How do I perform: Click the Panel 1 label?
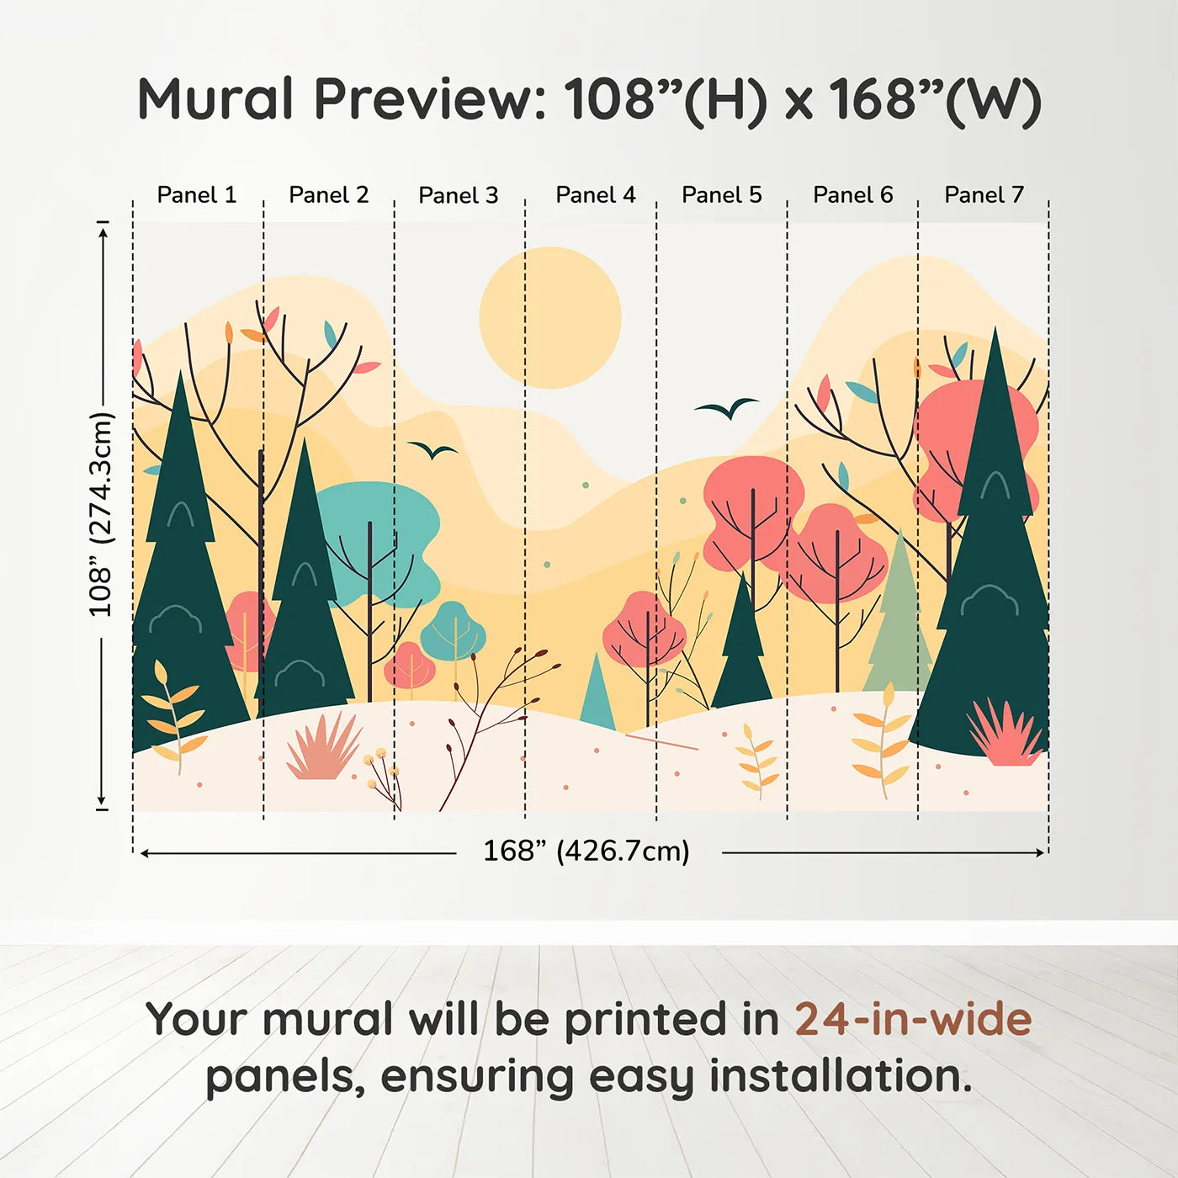point(196,194)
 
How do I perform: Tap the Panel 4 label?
point(596,194)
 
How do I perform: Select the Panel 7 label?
point(984,194)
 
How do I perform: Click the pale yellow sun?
point(550,318)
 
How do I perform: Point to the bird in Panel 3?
point(432,450)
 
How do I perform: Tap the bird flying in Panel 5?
point(727,408)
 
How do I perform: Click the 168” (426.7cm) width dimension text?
point(586,851)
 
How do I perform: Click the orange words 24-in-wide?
point(913,1019)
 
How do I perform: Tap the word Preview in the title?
point(429,99)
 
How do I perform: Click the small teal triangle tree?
point(597,691)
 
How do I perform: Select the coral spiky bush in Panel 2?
point(324,746)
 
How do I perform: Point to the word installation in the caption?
point(840,1075)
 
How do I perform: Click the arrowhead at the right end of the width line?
point(1041,852)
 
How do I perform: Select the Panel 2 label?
point(328,194)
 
